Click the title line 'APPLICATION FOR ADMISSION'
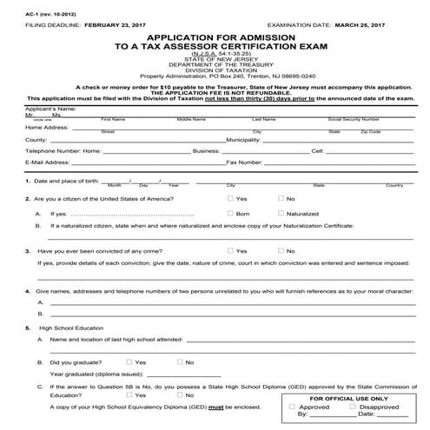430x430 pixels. [x=215, y=39]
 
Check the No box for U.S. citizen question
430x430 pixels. [x=280, y=199]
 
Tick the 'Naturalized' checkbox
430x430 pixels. [x=280, y=213]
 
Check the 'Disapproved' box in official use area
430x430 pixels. [x=356, y=406]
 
